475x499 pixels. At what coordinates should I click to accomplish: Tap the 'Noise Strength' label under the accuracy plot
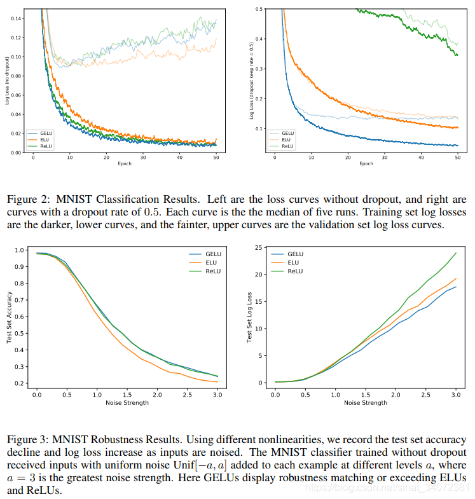(x=127, y=402)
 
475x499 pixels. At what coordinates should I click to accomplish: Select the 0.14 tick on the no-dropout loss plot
(x=18, y=18)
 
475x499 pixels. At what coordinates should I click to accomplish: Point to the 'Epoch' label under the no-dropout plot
(x=124, y=163)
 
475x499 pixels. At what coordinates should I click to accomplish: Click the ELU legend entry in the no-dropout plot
(x=45, y=139)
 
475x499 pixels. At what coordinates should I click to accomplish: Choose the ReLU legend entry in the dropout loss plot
(x=288, y=146)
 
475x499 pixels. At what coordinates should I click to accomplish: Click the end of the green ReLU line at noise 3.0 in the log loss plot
(x=456, y=253)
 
